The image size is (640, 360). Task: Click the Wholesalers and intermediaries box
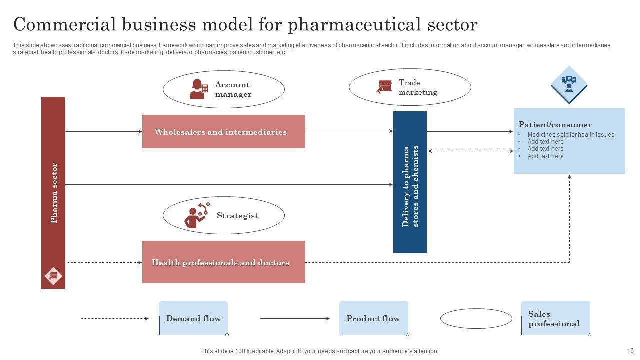[223, 132]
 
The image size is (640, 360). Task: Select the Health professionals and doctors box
[223, 262]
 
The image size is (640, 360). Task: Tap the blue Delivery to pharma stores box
[410, 182]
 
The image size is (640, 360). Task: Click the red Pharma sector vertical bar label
[54, 192]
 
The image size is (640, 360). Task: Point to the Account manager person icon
[198, 89]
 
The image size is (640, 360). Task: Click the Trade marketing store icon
[385, 87]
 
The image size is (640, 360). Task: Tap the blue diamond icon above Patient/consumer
[569, 84]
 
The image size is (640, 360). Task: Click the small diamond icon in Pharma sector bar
[53, 276]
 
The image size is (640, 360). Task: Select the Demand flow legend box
[193, 318]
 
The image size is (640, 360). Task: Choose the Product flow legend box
[373, 318]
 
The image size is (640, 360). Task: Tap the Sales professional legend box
[555, 318]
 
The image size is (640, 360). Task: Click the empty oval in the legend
[476, 318]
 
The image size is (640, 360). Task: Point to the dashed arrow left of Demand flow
[114, 318]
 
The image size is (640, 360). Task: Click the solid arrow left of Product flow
[294, 318]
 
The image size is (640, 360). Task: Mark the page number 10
[630, 351]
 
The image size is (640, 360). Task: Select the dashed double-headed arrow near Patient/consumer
[470, 151]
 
